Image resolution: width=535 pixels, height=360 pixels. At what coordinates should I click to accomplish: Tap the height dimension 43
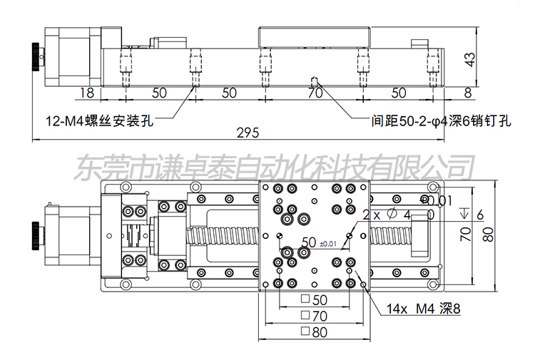point(469,60)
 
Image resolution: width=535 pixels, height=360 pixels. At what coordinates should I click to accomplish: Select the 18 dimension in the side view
point(87,93)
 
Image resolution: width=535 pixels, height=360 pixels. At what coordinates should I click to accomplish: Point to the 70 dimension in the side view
point(315,93)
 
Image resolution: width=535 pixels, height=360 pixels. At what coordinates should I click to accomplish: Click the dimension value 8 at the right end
point(467,93)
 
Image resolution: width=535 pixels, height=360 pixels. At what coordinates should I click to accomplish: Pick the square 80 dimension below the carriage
point(315,331)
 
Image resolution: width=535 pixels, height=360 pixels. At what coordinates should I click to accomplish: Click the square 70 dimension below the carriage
point(315,314)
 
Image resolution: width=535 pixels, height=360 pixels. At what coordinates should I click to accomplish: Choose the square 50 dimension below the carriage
point(315,299)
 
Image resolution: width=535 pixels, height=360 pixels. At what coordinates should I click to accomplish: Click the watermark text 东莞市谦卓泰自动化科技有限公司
point(275,168)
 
